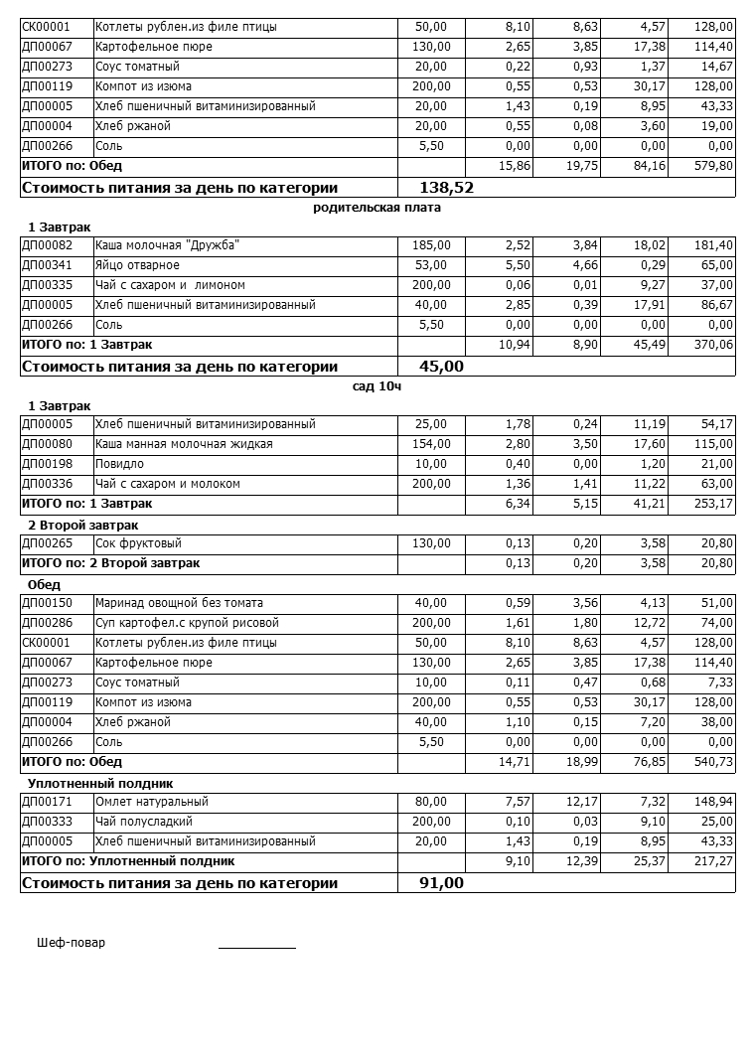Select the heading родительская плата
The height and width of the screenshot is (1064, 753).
click(x=376, y=208)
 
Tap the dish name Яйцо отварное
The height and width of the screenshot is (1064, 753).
click(x=137, y=265)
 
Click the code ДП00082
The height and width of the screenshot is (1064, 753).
click(x=47, y=245)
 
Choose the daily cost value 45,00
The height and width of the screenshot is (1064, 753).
click(x=441, y=366)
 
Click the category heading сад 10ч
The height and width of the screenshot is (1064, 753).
click(x=376, y=386)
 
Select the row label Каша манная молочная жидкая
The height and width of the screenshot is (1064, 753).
click(x=184, y=444)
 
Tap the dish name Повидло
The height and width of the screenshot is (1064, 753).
click(x=119, y=464)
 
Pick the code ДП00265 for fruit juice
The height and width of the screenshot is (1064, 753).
click(x=47, y=543)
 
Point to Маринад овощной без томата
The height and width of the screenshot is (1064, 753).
click(x=179, y=603)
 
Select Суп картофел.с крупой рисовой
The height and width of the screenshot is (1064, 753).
click(x=187, y=623)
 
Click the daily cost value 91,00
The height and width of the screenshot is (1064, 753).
click(x=441, y=882)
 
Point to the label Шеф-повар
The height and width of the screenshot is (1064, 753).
click(x=71, y=943)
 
